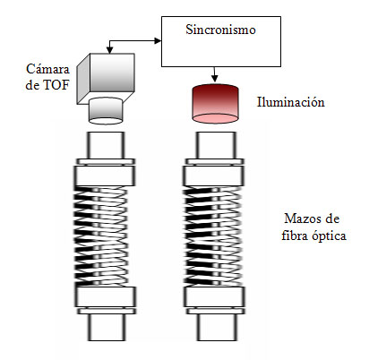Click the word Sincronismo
(220, 30)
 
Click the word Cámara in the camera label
(47, 69)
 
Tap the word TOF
(56, 85)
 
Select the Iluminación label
(291, 102)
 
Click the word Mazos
(302, 219)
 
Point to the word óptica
(330, 236)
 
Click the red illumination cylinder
(215, 104)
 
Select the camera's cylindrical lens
(106, 111)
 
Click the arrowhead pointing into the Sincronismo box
(158, 41)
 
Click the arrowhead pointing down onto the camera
(109, 50)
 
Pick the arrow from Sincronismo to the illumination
(214, 74)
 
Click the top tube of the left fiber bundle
(106, 145)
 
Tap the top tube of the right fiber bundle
(216, 145)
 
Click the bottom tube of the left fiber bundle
(107, 328)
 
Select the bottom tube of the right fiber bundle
(217, 328)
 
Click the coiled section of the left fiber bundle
(101, 236)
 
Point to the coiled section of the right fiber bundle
(212, 236)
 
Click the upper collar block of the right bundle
(214, 176)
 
